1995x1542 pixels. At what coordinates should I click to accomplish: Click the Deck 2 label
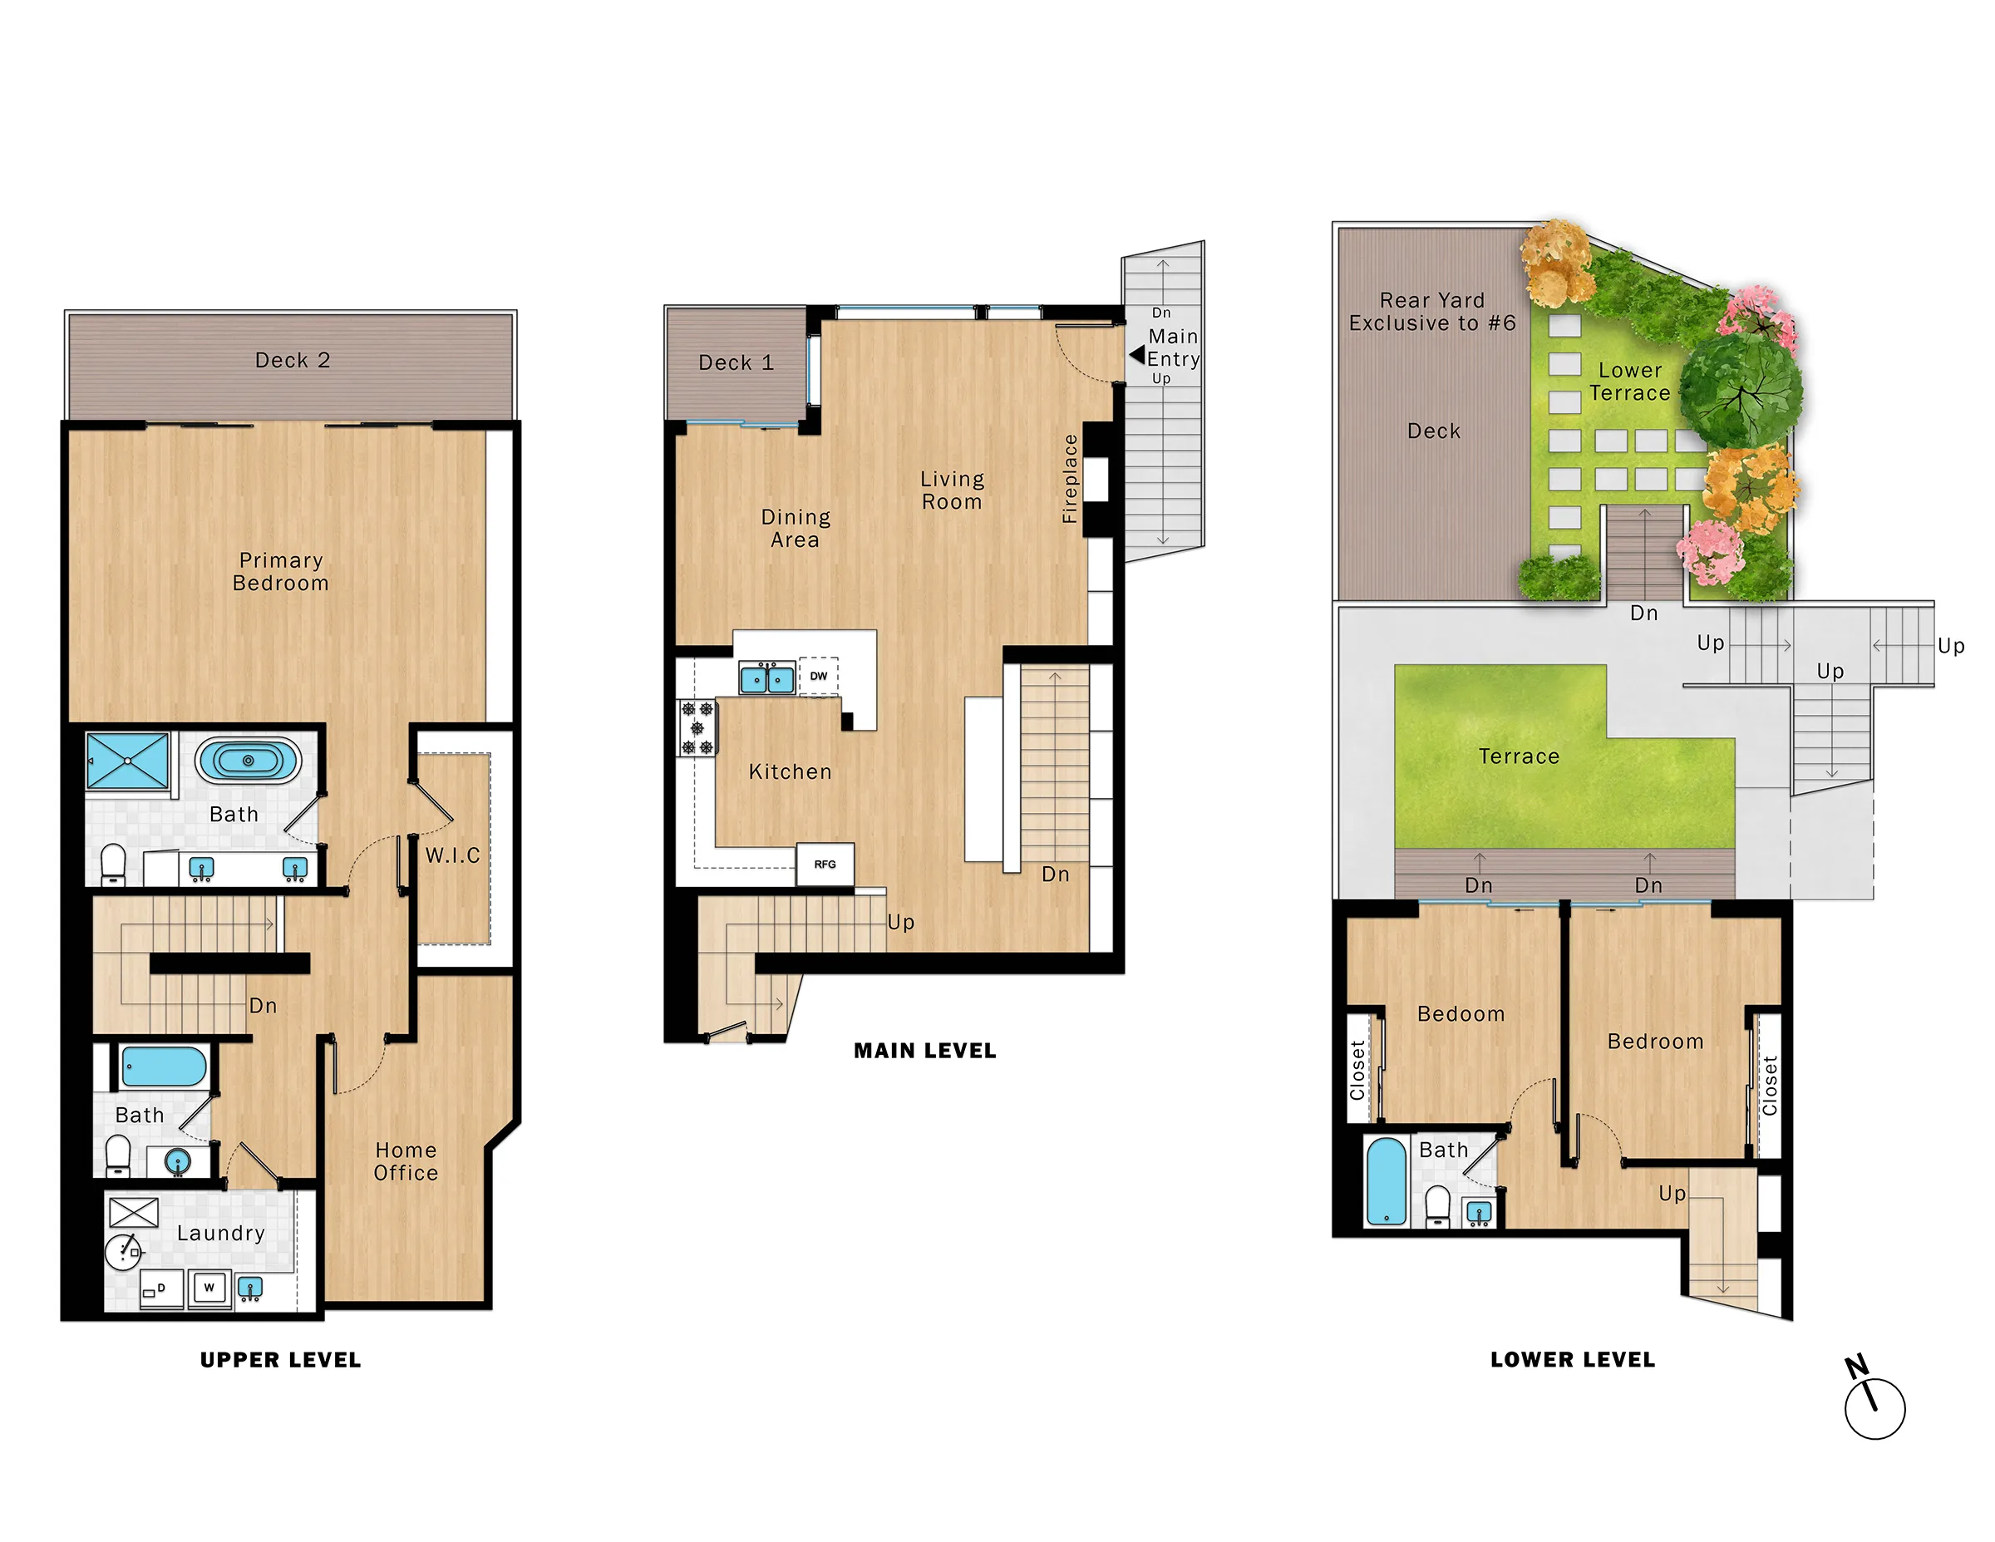(293, 360)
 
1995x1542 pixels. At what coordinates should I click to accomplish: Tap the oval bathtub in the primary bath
(248, 760)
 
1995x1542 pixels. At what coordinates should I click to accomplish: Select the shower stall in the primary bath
(128, 760)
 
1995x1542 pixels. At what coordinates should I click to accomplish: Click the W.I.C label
(452, 855)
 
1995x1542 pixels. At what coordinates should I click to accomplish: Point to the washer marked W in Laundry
(209, 1288)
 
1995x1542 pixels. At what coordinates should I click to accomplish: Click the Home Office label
(406, 1161)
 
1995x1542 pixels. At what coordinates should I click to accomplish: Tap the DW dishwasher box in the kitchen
(819, 676)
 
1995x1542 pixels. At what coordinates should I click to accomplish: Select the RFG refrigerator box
(825, 865)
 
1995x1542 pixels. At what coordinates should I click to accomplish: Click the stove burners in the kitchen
(697, 728)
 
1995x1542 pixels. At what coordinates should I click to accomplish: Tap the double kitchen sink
(767, 679)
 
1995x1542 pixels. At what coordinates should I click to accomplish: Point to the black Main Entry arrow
(1136, 354)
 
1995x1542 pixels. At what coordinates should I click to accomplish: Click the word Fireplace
(1070, 479)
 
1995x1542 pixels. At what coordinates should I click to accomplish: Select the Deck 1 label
(736, 362)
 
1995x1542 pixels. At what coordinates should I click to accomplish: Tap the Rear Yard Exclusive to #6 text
(1431, 312)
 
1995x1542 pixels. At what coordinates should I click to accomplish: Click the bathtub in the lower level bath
(1386, 1180)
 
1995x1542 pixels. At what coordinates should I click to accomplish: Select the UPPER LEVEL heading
(280, 1359)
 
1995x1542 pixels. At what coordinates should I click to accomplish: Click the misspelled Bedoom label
(1460, 1014)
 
